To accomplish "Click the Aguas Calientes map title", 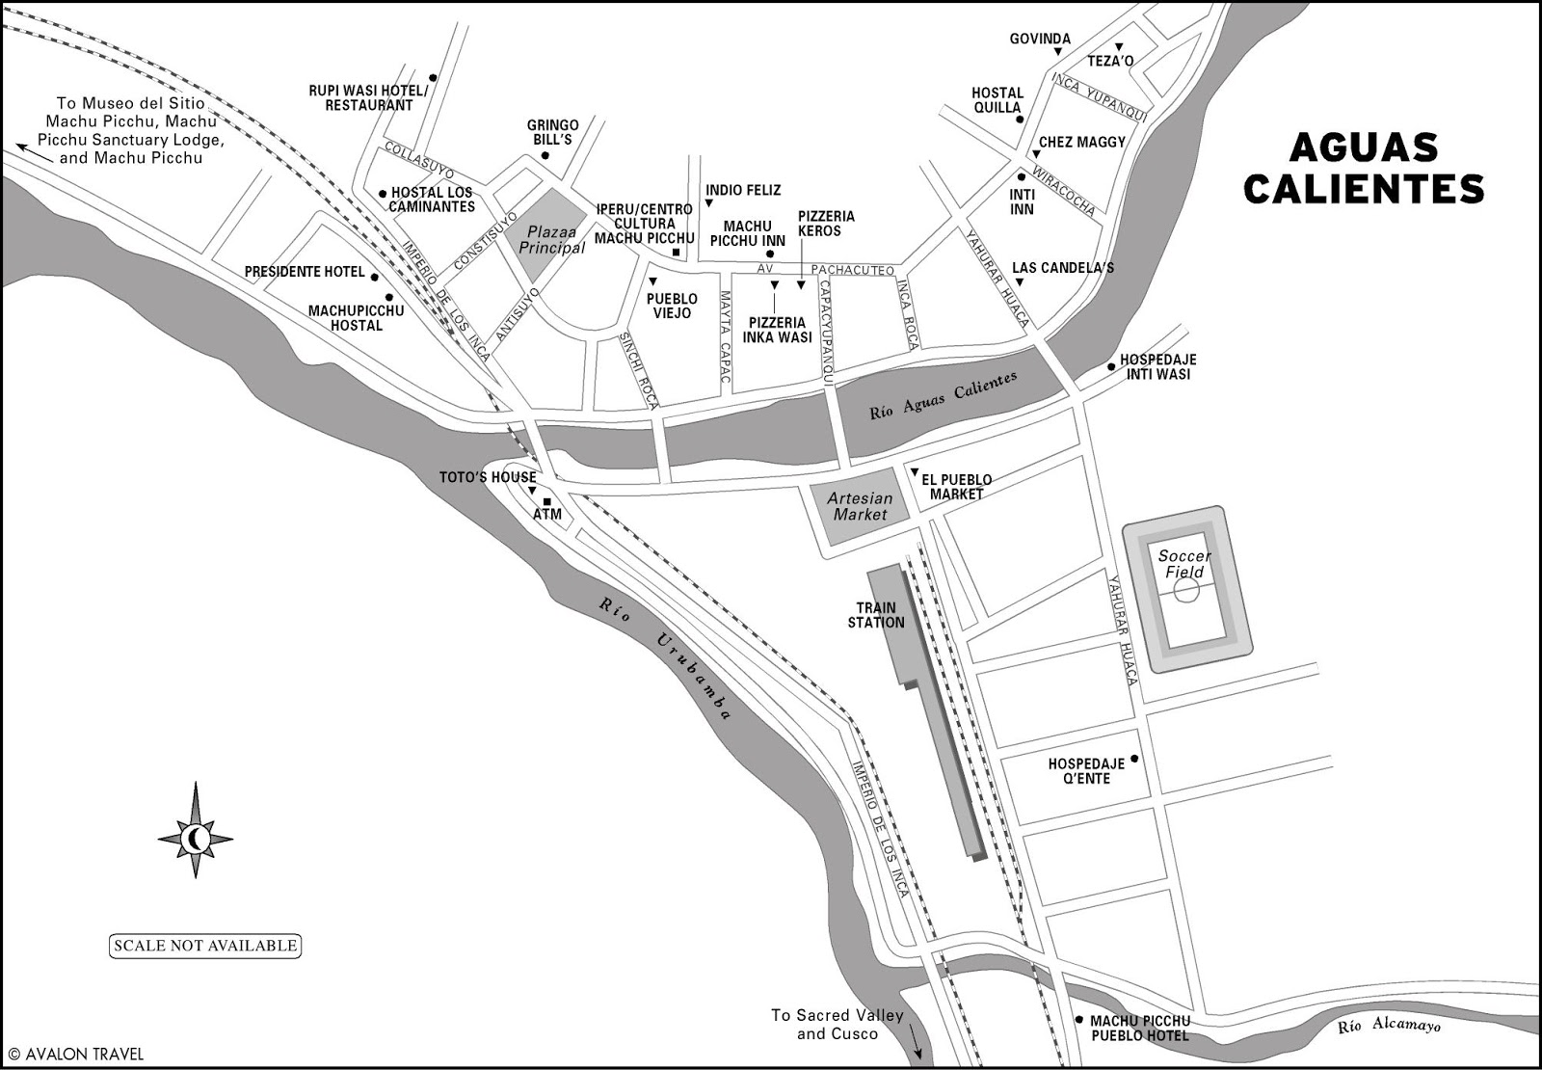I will click(x=1363, y=168).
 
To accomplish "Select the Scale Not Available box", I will click(x=205, y=946).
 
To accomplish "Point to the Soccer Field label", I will click(x=1184, y=564).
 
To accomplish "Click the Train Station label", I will click(x=876, y=615).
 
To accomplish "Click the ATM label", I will click(x=546, y=514).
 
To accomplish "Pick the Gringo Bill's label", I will click(x=552, y=132).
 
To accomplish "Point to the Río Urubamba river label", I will click(x=665, y=658).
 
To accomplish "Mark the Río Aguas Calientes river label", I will click(x=943, y=396).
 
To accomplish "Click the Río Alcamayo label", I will click(x=1388, y=1026).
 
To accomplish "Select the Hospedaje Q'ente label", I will click(x=1086, y=771).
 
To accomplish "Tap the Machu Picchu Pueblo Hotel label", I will click(x=1140, y=1029).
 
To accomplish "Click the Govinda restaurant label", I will click(x=1040, y=40).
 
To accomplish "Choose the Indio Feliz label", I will click(x=743, y=191).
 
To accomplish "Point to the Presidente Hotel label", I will click(x=305, y=272).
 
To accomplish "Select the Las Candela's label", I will click(x=1063, y=268).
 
